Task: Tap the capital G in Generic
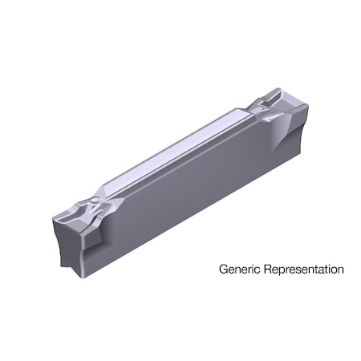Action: [224, 270]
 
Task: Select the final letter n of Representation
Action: [341, 270]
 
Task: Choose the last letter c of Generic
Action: [254, 270]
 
